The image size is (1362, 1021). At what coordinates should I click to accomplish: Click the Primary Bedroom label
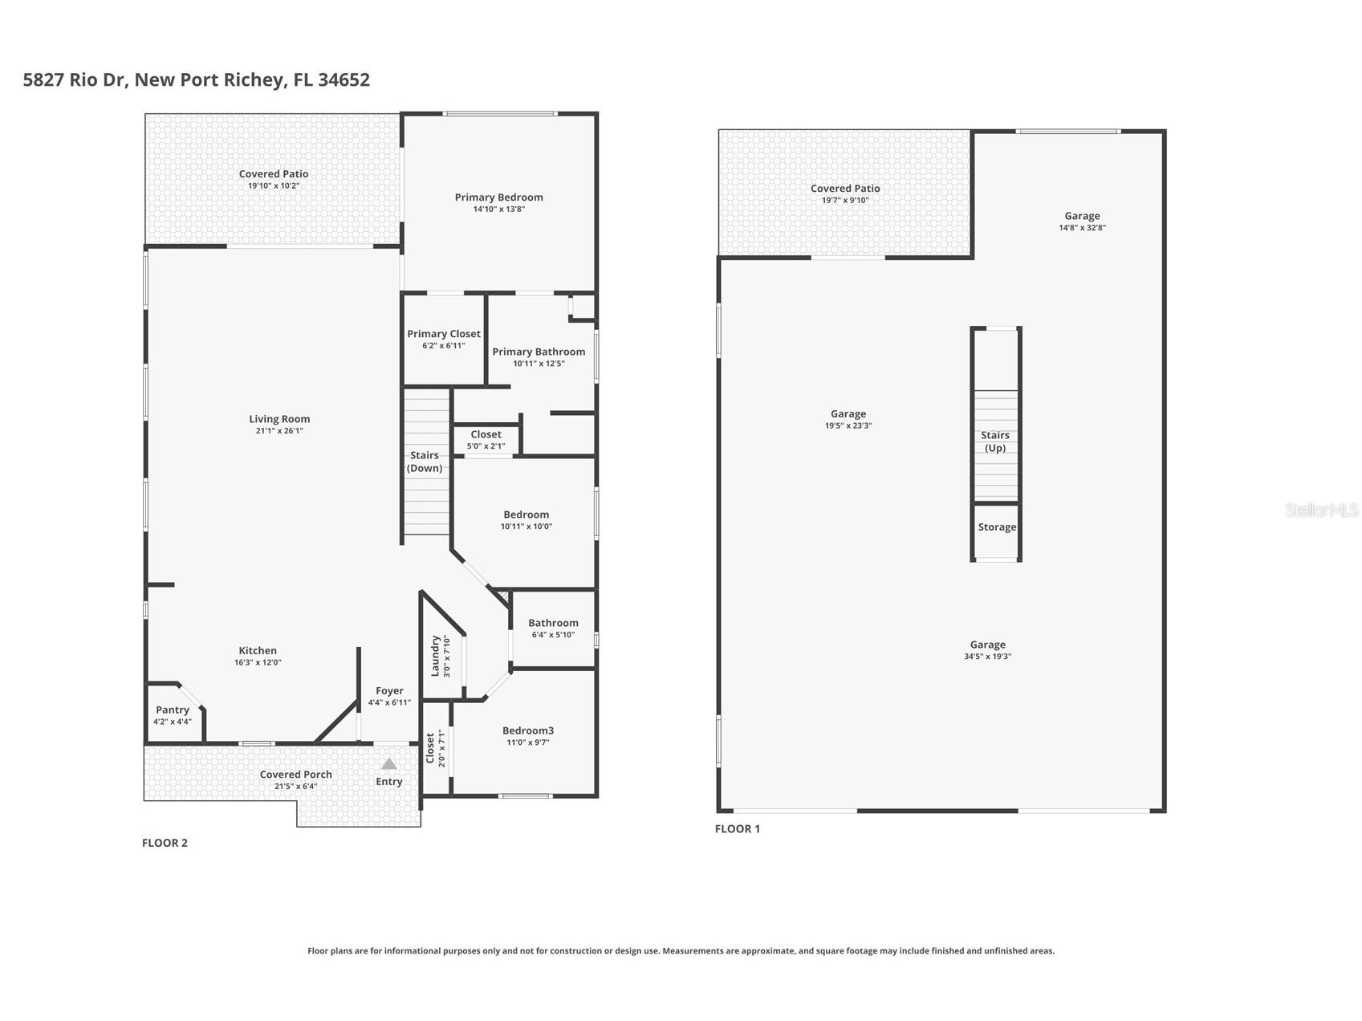pos(498,197)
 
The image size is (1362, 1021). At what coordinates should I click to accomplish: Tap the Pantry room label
pos(173,710)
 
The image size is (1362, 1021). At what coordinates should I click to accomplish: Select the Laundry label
pos(436,656)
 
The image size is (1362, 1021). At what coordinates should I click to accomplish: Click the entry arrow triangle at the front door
pos(389,764)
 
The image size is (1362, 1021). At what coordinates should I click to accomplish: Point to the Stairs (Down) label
pos(425,462)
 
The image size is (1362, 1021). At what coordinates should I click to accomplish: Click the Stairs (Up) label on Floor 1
pos(995,441)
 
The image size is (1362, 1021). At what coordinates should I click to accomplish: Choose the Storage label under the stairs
pos(997,527)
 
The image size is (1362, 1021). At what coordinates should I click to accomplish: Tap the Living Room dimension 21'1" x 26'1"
pos(279,431)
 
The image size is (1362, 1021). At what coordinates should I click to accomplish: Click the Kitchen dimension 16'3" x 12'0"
pos(258,663)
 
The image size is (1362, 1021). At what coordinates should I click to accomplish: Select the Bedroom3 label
pos(528,730)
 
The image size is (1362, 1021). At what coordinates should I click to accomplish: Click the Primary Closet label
pos(444,334)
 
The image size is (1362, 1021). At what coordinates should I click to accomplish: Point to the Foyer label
pos(389,690)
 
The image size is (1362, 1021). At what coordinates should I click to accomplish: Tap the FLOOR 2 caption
pos(165,843)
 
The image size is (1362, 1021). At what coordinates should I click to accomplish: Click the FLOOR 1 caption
pos(737,829)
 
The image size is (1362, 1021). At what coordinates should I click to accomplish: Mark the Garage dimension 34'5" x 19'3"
pos(987,657)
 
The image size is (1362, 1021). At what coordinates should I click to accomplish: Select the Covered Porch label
pos(295,775)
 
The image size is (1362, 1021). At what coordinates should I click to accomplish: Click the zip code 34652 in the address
pos(344,80)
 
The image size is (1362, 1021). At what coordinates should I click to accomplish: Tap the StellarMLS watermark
pos(1321,510)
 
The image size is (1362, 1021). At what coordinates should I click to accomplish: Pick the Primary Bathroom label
pos(539,352)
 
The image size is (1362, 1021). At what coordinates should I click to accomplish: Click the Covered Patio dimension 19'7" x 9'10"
pos(845,201)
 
